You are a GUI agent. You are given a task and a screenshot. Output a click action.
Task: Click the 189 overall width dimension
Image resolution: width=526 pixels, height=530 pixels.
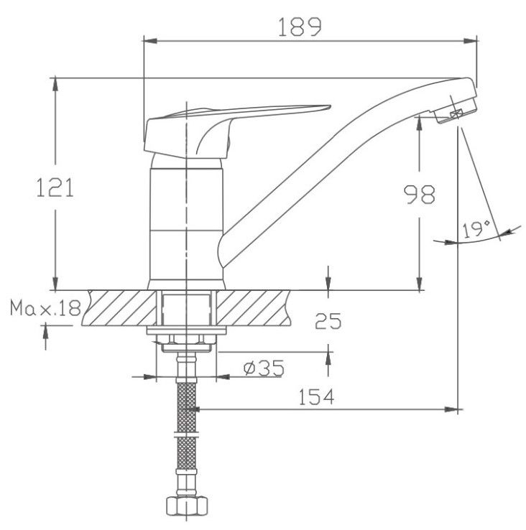pos(300,27)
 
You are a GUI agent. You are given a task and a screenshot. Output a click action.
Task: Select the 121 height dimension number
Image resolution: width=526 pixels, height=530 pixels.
pos(55,188)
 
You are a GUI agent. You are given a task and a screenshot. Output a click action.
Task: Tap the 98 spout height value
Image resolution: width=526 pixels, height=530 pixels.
pos(420,195)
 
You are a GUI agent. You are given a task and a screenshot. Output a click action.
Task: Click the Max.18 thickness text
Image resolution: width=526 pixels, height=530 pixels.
pos(45,307)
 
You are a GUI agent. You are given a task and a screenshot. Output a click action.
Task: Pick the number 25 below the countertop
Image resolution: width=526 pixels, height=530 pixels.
pos(328,321)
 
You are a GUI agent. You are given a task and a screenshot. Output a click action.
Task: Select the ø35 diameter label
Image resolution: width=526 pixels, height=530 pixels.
pos(264,368)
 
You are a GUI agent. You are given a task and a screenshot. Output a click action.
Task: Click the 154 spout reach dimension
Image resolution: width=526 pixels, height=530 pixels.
pos(316,396)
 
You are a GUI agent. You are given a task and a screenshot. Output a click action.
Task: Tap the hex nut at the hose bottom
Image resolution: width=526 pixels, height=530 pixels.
pos(186,506)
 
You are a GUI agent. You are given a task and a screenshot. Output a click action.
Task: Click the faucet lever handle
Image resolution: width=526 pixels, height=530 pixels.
pos(234,130)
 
